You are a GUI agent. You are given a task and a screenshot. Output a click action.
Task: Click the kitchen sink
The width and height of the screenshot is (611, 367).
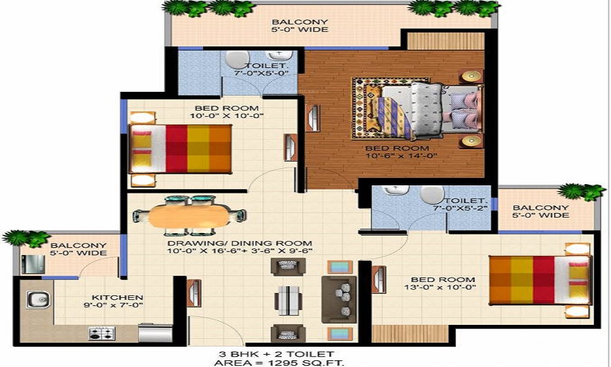click(x=38, y=300)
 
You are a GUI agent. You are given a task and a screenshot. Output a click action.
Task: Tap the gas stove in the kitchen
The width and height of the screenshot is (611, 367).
click(x=101, y=333)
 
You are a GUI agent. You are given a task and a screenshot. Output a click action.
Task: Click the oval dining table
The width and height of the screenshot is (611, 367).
click(x=189, y=216)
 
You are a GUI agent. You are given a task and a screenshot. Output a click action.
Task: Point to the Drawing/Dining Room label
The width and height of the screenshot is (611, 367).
click(x=240, y=247)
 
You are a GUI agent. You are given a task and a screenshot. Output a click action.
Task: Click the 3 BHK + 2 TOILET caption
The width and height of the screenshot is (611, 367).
click(x=276, y=354)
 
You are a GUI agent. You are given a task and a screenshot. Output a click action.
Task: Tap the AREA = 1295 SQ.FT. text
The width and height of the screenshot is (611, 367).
click(x=279, y=363)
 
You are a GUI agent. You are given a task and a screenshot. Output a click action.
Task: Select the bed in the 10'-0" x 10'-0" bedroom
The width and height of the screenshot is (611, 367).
click(x=180, y=149)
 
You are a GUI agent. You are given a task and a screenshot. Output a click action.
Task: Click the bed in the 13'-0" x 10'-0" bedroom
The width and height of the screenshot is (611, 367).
click(x=541, y=280)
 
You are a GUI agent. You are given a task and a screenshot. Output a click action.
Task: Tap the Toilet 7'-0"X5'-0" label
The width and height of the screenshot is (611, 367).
click(x=262, y=69)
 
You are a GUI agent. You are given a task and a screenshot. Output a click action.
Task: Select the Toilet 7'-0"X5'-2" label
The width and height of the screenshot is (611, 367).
click(x=461, y=204)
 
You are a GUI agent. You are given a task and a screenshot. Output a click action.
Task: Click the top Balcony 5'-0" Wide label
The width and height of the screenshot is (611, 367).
click(x=299, y=26)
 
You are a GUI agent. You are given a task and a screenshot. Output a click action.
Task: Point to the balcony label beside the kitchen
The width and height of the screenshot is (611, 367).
click(x=78, y=249)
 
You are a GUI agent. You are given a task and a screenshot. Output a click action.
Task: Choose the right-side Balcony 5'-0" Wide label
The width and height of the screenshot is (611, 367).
click(x=541, y=212)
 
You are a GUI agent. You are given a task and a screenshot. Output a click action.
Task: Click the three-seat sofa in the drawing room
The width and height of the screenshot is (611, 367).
click(x=339, y=298)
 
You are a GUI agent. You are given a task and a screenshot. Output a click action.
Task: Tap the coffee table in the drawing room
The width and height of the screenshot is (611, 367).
click(x=288, y=300)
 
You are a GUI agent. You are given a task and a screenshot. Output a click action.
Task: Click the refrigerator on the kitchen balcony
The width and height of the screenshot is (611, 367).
click(x=33, y=264)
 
